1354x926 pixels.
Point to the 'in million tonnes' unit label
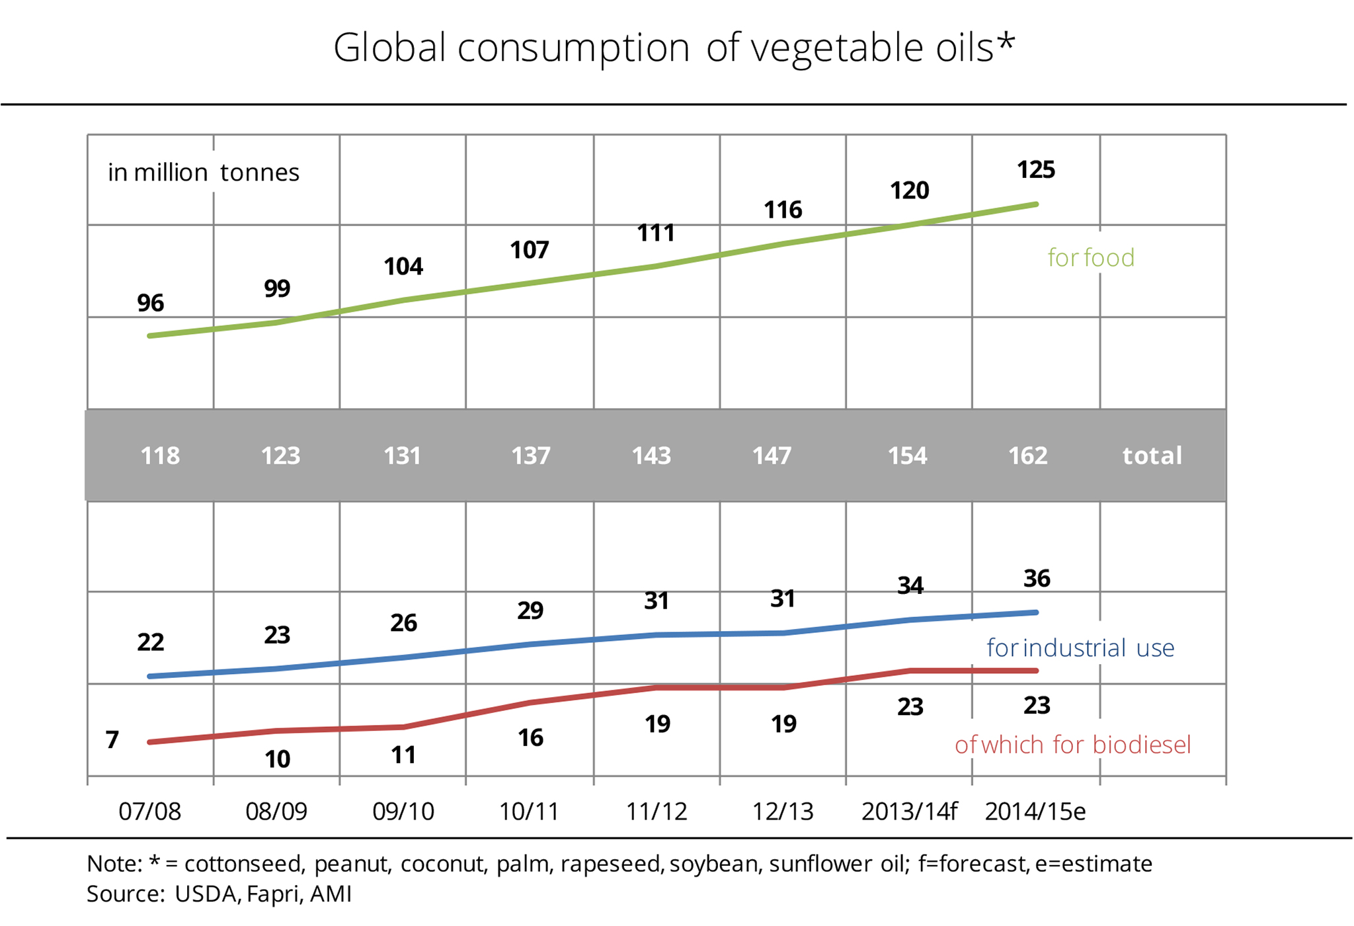click(x=203, y=173)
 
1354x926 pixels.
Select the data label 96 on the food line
click(x=150, y=303)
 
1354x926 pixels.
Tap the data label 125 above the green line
click(x=1035, y=170)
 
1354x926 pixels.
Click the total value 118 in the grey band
click(x=160, y=456)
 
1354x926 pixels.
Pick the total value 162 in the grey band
click(x=1027, y=456)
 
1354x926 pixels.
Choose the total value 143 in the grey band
click(x=651, y=456)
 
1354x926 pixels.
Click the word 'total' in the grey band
click(x=1152, y=456)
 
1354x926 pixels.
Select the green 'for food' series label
click(x=1091, y=258)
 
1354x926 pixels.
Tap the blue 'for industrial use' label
click(x=1080, y=648)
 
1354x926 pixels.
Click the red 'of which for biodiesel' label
click(x=1072, y=745)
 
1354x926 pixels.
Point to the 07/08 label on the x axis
click(x=149, y=812)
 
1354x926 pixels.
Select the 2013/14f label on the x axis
click(x=909, y=812)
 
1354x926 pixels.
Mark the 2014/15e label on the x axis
click(x=1035, y=812)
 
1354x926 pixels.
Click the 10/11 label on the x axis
click(x=529, y=812)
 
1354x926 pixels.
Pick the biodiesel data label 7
click(x=112, y=739)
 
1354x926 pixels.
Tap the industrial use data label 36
click(x=1036, y=579)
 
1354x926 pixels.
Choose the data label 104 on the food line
click(x=403, y=267)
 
